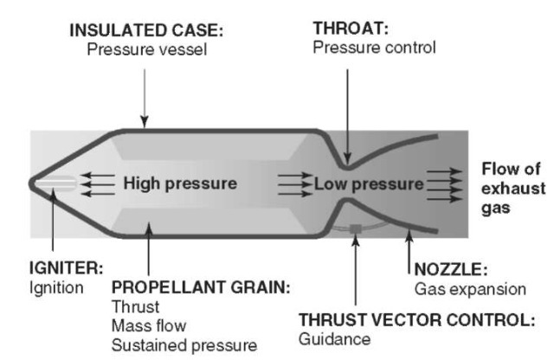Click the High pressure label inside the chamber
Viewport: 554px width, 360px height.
[x=179, y=183]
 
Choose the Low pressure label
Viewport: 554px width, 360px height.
[x=369, y=183]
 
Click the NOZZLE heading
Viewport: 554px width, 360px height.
[x=448, y=270]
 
